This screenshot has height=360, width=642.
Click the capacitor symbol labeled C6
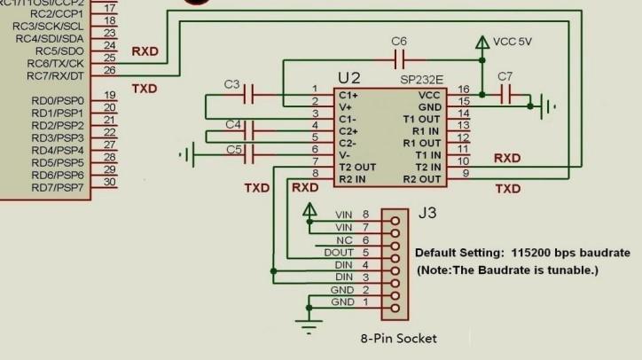(x=399, y=60)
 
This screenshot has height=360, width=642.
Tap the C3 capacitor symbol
(x=251, y=93)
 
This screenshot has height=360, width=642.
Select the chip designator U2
(x=349, y=78)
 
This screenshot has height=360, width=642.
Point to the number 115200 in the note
(x=532, y=252)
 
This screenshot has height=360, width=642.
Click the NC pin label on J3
(x=344, y=239)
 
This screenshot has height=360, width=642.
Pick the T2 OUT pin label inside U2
(x=357, y=167)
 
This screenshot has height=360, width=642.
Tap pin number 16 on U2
(x=463, y=90)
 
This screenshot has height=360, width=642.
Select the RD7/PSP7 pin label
(x=57, y=187)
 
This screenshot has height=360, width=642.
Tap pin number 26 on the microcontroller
(x=109, y=70)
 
